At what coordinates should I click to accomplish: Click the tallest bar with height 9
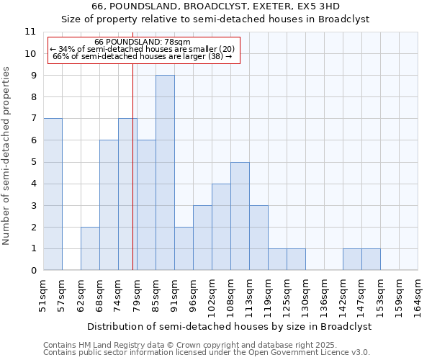coord(165,173)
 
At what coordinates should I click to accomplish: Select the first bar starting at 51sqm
coord(53,194)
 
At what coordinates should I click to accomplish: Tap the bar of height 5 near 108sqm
coord(240,216)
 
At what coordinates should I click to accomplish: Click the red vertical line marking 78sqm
coord(132,166)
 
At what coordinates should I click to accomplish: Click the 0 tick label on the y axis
coord(33,271)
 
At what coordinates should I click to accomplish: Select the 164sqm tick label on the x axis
coord(418,295)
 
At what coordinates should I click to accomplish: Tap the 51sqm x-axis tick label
coord(44,295)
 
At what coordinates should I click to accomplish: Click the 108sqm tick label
coord(231,295)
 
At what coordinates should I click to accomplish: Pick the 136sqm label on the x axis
coord(325,295)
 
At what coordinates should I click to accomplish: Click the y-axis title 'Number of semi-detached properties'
coord(7,156)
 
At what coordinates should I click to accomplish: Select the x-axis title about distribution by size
coord(230,326)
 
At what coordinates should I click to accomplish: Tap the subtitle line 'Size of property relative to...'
coord(215,19)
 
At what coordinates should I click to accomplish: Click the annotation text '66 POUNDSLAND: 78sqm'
coord(142,42)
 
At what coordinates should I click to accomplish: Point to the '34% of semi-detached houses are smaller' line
coord(142,49)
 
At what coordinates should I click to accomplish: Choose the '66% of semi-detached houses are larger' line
coord(142,56)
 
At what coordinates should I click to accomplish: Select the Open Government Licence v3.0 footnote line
coord(207,353)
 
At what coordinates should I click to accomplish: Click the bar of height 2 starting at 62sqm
coord(90,248)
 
